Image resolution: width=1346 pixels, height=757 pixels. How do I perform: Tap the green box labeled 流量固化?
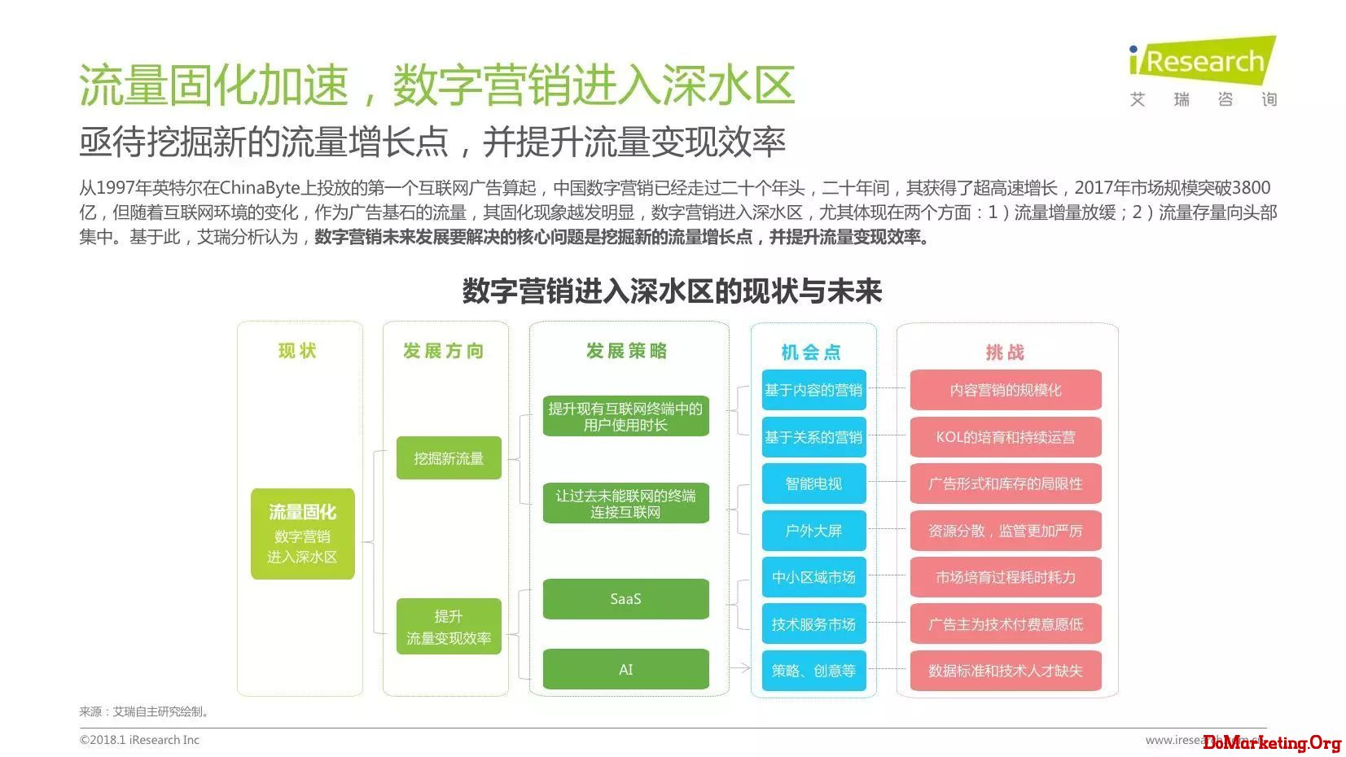tap(302, 533)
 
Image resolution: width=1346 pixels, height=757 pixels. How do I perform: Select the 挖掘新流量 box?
tap(449, 457)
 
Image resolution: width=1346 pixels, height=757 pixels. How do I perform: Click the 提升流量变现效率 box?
tap(449, 626)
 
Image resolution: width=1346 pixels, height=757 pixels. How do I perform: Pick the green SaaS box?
tap(625, 598)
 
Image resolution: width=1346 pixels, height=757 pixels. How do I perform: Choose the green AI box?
tap(625, 669)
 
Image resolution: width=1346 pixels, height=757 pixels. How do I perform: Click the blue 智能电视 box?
tap(813, 483)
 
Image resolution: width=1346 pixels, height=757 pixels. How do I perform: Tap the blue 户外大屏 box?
tap(813, 531)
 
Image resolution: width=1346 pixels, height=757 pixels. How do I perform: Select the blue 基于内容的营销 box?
tap(813, 389)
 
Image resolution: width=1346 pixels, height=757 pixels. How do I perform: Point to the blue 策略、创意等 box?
tap(813, 671)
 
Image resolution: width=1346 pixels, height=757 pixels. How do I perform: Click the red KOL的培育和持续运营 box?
tap(1006, 437)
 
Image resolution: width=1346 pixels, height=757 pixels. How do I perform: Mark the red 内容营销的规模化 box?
tap(1006, 389)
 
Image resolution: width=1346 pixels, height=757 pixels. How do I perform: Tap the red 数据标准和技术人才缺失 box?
tap(1006, 671)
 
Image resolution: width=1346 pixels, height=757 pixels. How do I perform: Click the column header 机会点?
tap(811, 352)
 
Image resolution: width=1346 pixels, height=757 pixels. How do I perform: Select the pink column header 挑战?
tap(1006, 352)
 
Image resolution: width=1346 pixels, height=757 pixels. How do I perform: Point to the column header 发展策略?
tap(626, 351)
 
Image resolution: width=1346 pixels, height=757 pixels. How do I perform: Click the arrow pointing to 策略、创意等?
tap(740, 667)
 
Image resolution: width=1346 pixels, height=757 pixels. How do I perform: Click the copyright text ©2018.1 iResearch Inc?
tap(139, 740)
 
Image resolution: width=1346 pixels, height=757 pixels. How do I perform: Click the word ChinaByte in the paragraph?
tap(260, 188)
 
